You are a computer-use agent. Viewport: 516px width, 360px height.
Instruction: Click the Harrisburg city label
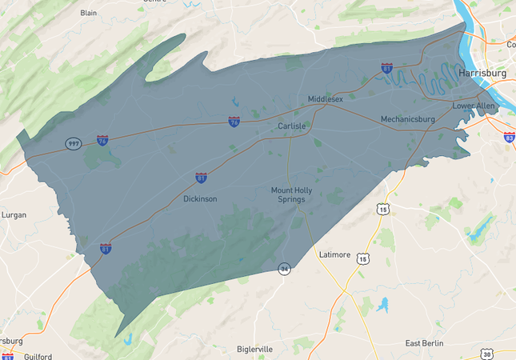coord(484,73)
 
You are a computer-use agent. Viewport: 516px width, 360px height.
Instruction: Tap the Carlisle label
coord(293,126)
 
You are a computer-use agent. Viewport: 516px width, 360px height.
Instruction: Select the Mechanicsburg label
coord(407,119)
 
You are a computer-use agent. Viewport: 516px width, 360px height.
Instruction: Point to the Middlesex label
coord(326,98)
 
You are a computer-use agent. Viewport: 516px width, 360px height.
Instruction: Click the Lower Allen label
coord(474,106)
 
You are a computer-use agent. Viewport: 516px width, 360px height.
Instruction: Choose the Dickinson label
coord(200,198)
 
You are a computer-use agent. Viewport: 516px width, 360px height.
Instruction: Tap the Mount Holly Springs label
coord(288,194)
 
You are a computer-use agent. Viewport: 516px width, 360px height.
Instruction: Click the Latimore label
coord(334,254)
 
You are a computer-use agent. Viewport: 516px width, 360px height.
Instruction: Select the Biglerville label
coord(255,349)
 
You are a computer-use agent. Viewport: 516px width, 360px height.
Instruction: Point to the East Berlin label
coord(424,343)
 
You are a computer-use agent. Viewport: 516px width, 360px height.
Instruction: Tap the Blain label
coord(89,13)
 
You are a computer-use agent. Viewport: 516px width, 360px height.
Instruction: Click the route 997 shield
coord(73,144)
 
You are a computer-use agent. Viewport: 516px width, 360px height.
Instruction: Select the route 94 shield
coord(283,268)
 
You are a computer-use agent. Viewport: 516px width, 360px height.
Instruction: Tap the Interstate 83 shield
coord(509,137)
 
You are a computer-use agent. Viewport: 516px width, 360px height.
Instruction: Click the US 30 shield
coord(487,353)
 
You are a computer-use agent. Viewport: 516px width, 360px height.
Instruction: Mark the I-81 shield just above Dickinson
coord(201,178)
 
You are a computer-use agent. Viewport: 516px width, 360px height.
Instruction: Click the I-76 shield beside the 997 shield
coord(102,140)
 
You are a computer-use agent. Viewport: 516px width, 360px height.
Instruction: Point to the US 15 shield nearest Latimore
coord(364,258)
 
